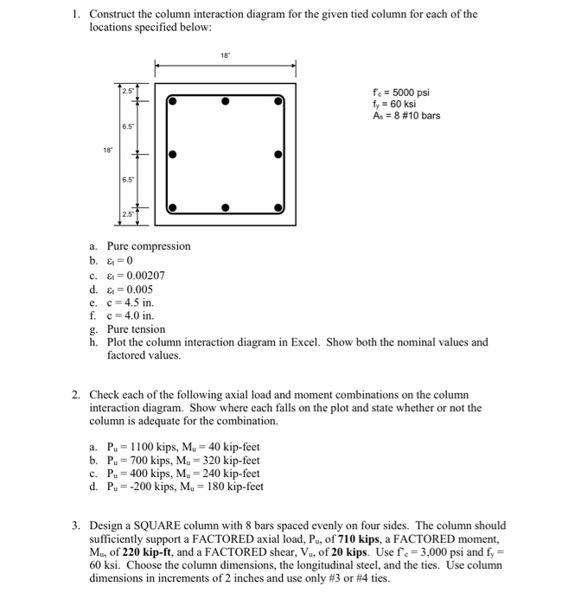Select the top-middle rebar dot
pos(225,101)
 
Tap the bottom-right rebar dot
pos(278,208)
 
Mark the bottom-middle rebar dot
pos(225,208)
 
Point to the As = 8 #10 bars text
pos(405,117)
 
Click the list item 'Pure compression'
pos(148,246)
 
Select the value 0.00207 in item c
pos(141,276)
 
